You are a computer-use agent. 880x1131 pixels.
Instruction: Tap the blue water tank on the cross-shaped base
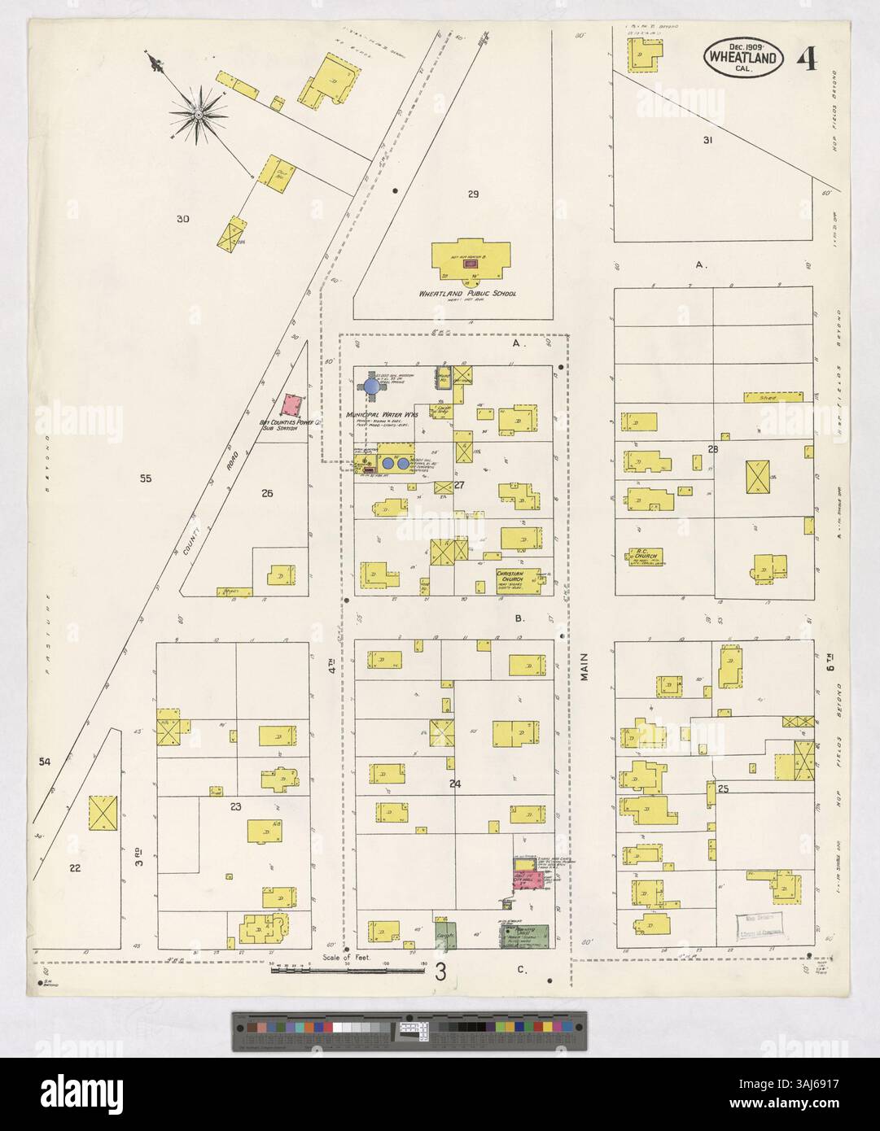[x=372, y=387]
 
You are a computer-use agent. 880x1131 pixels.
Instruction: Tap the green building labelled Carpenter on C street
[x=444, y=934]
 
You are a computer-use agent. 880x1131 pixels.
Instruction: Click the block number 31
[x=707, y=140]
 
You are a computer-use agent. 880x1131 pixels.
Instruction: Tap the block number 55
[x=146, y=479]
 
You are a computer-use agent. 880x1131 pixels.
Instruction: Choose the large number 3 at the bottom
[x=440, y=971]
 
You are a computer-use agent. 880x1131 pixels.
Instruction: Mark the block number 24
[x=454, y=784]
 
